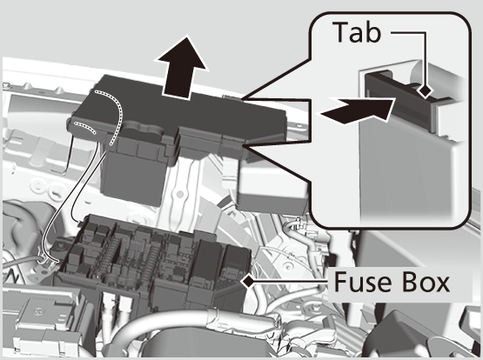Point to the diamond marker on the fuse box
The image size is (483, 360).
tap(249, 281)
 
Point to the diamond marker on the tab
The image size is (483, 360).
tap(426, 90)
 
